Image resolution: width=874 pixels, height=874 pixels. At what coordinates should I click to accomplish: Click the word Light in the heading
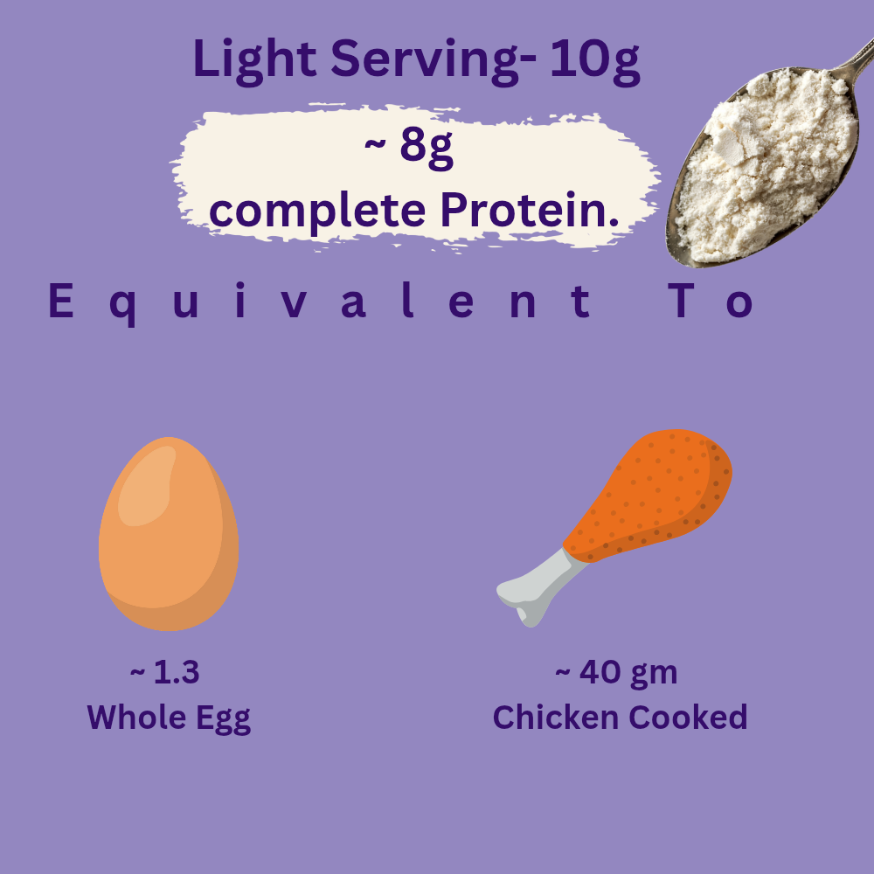[x=254, y=60]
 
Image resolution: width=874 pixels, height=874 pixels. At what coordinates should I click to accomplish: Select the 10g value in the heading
[x=595, y=60]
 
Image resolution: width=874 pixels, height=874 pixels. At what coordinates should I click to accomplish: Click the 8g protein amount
[x=426, y=149]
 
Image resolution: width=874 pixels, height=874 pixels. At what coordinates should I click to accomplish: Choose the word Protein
[x=530, y=211]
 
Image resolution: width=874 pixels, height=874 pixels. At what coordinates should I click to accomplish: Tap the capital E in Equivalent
[x=61, y=300]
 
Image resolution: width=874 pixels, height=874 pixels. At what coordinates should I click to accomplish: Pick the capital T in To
[x=681, y=300]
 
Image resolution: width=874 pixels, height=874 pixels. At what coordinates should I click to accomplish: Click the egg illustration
[x=169, y=534]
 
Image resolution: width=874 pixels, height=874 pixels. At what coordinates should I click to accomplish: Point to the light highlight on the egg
[x=146, y=486]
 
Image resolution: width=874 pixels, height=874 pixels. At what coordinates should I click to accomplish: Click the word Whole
[x=137, y=717]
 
